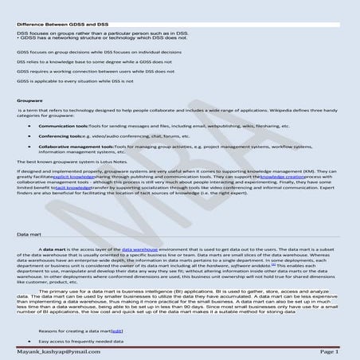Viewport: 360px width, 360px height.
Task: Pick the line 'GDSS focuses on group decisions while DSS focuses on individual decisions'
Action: (100, 51)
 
